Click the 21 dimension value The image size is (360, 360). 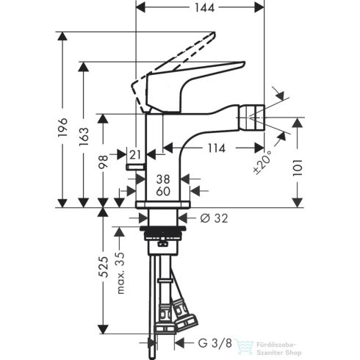coord(134,154)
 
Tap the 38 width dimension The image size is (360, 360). coord(163,179)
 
